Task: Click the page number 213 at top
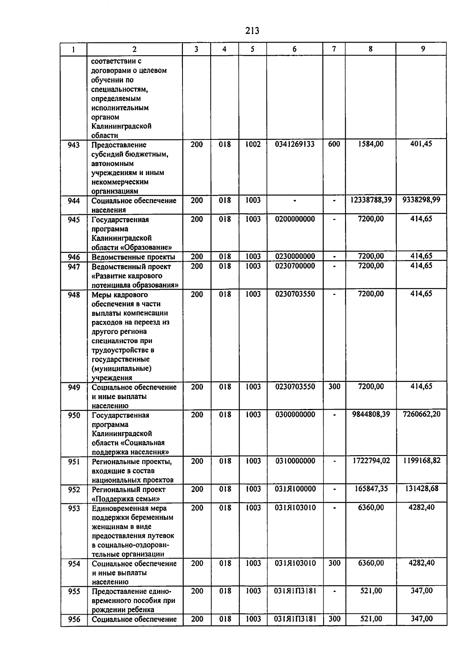coord(252,30)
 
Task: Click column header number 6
coord(295,49)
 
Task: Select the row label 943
coord(74,145)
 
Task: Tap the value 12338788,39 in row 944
coord(371,200)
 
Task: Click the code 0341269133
coord(295,144)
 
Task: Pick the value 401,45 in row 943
coord(421,144)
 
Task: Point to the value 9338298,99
coord(421,200)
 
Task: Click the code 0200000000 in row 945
coord(295,219)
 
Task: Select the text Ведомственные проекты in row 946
coord(133,257)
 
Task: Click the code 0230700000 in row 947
coord(295,266)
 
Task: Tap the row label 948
coord(74,295)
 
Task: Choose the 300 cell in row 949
coord(334,387)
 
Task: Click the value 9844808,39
coord(371,414)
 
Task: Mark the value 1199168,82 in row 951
coord(421,461)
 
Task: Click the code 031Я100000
coord(295,489)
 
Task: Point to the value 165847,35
coord(371,489)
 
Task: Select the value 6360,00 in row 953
coord(371,508)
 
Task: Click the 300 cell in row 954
coord(334,563)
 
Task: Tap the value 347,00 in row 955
coord(421,591)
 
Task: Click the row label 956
coord(74,619)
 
